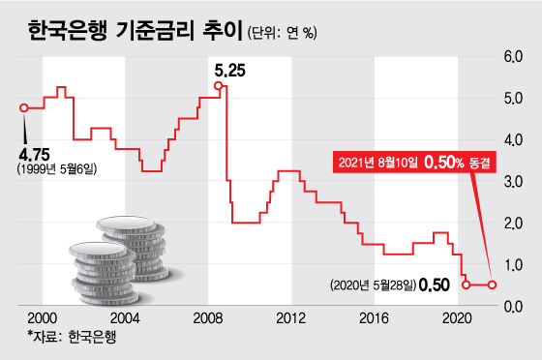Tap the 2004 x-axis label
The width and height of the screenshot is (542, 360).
point(124,317)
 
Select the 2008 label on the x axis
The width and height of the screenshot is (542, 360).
point(207,317)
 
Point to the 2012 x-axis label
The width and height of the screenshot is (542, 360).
point(290,317)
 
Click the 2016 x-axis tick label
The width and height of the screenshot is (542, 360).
point(374,317)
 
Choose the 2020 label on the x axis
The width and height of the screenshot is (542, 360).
point(457,317)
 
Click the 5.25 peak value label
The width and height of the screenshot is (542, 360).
point(229,70)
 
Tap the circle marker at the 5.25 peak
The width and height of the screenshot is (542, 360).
point(219,87)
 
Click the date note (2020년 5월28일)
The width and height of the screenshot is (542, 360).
point(375,285)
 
